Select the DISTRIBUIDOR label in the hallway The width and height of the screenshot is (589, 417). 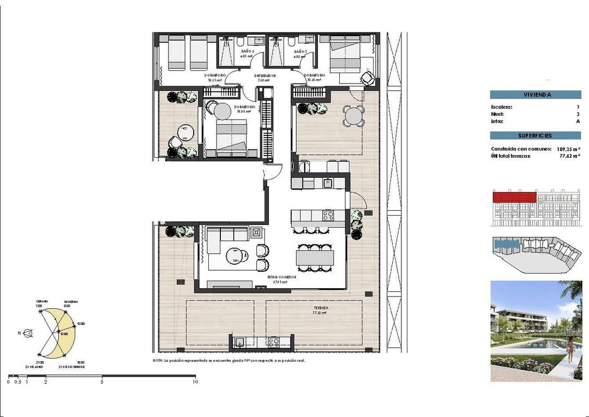pyautogui.click(x=266, y=75)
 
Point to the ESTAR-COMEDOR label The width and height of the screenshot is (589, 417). pyautogui.click(x=281, y=277)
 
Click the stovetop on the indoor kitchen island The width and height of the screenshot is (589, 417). pyautogui.click(x=328, y=215)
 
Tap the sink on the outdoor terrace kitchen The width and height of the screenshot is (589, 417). pyautogui.click(x=240, y=342)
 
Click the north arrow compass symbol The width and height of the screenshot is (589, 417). pyautogui.click(x=28, y=332)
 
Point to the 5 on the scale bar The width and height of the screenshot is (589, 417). pyautogui.click(x=102, y=382)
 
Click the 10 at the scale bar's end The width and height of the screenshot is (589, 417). pyautogui.click(x=195, y=382)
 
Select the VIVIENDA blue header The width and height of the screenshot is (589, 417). pyautogui.click(x=535, y=94)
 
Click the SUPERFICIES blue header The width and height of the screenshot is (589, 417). pyautogui.click(x=535, y=135)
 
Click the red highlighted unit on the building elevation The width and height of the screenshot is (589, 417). pyautogui.click(x=513, y=197)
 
